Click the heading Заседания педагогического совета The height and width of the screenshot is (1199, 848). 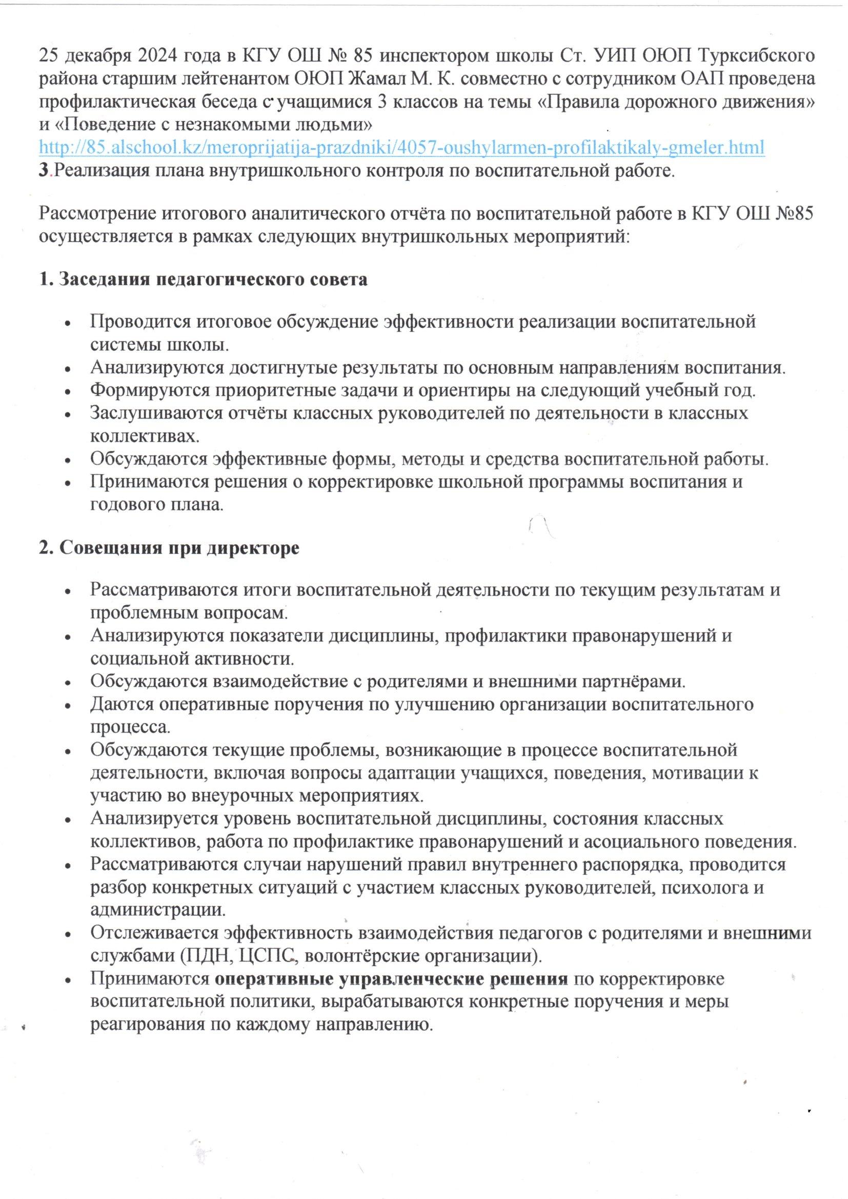pyautogui.click(x=204, y=279)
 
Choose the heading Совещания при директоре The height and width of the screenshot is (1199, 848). pyautogui.click(x=170, y=549)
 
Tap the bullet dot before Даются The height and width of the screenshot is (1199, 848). pyautogui.click(x=68, y=705)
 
